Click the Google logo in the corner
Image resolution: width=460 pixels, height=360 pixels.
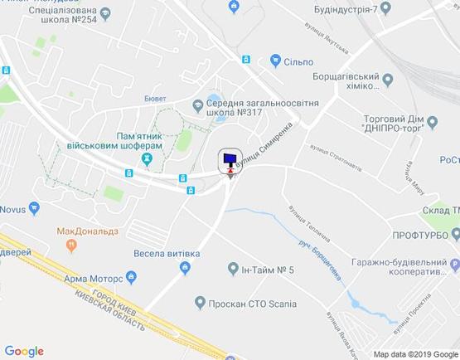pyautogui.click(x=23, y=352)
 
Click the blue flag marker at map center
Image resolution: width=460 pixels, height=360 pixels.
pyautogui.click(x=230, y=158)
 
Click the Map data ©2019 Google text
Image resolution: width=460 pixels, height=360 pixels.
pyautogui.click(x=414, y=354)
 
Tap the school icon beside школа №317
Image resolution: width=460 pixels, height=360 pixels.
pyautogui.click(x=198, y=105)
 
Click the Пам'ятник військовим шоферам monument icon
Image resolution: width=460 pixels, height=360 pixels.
pyautogui.click(x=148, y=158)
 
